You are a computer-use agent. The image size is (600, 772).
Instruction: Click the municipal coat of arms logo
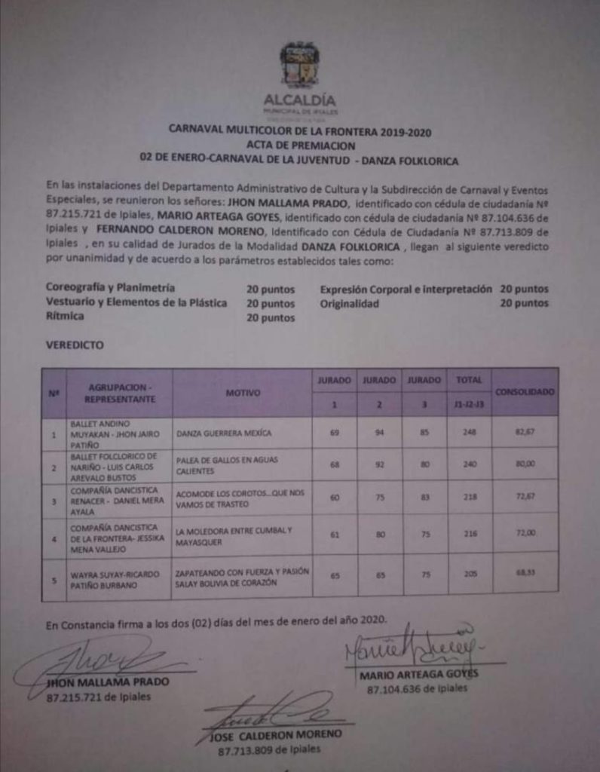(299, 65)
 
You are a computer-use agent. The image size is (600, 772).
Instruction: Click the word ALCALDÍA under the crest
(300, 100)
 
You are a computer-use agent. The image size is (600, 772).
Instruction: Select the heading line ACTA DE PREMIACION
(299, 146)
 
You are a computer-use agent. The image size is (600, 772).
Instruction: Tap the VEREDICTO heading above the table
(75, 345)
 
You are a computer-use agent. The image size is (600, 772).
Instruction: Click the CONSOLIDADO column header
(525, 392)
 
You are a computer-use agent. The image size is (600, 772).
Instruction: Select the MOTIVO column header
(242, 393)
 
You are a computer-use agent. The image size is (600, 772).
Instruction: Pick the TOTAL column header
(469, 381)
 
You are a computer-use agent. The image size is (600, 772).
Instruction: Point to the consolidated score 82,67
(525, 433)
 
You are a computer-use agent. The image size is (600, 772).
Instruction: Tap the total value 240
(470, 464)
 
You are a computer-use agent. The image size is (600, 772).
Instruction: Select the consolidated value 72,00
(525, 532)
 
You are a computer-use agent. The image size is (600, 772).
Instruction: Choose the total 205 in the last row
(470, 574)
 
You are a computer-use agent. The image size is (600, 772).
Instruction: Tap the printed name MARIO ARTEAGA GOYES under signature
(418, 674)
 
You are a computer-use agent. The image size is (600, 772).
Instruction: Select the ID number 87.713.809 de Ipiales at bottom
(268, 750)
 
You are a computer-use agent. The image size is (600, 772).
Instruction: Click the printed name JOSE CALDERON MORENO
(275, 734)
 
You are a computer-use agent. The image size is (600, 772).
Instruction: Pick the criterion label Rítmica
(66, 317)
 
